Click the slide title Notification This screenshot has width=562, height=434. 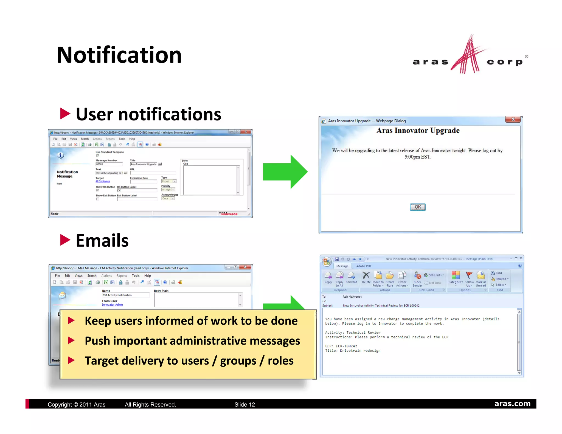(119, 55)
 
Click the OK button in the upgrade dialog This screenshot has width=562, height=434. (418, 207)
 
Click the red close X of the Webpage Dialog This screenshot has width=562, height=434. (513, 119)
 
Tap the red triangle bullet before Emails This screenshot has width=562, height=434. (65, 240)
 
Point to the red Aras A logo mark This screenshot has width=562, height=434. (469, 55)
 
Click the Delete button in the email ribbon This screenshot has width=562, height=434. (366, 277)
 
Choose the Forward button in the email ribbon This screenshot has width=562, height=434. (351, 277)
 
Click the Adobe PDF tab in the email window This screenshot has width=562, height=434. (364, 266)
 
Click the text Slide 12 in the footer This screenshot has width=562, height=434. (245, 405)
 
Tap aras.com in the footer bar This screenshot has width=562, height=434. (512, 404)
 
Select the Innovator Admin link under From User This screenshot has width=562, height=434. (112, 305)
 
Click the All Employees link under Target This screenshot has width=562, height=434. (103, 181)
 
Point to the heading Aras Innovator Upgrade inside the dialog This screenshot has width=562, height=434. (418, 131)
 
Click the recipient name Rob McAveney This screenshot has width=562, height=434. (352, 297)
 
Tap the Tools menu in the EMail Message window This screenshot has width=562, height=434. (136, 276)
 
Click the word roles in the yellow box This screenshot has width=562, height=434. (280, 361)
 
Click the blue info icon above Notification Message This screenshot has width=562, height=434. (60, 156)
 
